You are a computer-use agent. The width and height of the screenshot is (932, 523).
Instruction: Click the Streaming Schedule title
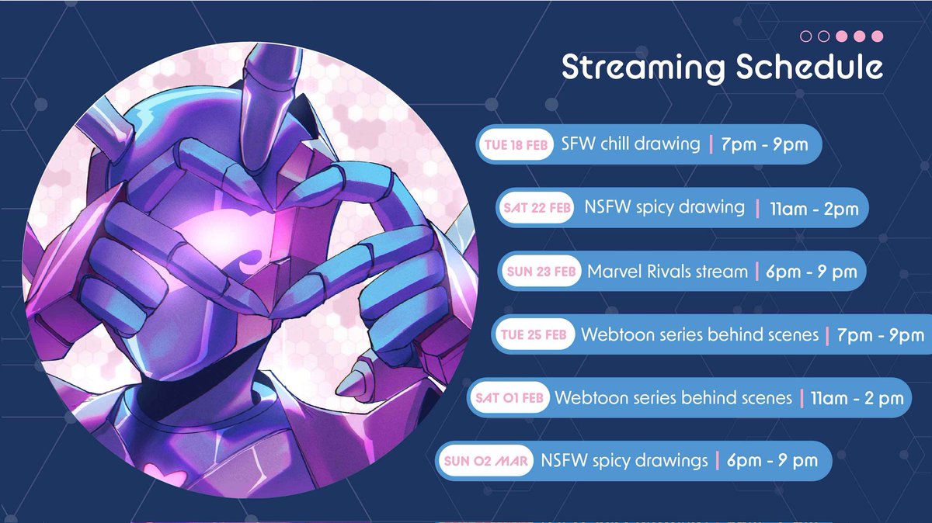coord(722,68)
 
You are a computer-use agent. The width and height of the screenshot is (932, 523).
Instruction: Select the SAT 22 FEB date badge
coord(535,208)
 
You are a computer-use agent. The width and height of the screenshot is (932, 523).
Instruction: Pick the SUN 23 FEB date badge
coord(541,272)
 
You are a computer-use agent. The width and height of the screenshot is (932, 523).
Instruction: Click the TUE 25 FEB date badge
coord(535,335)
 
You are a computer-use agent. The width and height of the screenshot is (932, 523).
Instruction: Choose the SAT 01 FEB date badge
coord(509,398)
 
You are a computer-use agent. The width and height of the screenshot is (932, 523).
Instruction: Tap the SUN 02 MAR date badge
coord(485,461)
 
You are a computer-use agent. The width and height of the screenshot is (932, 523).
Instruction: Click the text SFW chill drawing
coord(630,144)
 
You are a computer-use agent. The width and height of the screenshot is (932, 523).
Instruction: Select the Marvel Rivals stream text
coord(667,272)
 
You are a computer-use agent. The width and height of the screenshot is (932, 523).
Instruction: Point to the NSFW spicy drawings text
coord(624,461)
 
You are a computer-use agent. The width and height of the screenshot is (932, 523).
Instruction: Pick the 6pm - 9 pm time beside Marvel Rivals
coord(810,272)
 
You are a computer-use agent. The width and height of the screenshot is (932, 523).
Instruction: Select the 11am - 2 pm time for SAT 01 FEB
coord(857,398)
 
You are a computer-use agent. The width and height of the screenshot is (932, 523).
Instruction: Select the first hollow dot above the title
coord(805,36)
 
